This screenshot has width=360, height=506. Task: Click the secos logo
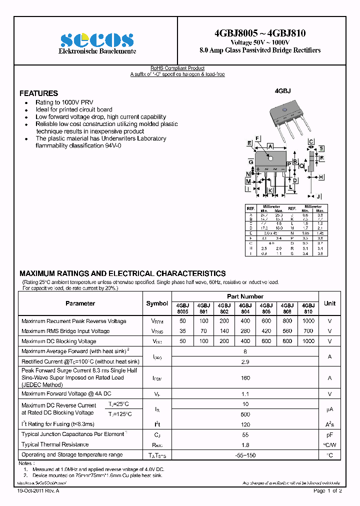coord(96,40)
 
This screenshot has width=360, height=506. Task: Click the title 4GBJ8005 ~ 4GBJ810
coord(260,33)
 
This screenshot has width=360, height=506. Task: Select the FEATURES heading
coord(38,93)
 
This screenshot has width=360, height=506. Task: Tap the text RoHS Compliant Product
coord(177,68)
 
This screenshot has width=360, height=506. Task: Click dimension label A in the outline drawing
coord(270,146)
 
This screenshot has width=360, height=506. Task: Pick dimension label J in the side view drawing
coord(318,196)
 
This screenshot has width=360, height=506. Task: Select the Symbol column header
coord(157,303)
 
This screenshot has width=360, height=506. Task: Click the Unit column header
coord(329,303)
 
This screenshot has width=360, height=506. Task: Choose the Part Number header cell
coord(245,296)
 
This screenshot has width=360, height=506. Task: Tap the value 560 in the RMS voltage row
coord(287,331)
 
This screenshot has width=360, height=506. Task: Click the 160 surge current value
coord(245,378)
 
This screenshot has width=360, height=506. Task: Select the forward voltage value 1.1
coord(245,394)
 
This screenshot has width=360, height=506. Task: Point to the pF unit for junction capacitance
coord(329,435)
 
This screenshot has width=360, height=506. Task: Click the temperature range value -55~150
coord(245,455)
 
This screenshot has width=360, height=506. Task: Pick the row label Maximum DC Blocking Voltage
coord(59,341)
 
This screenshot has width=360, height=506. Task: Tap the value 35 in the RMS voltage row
coord(182,331)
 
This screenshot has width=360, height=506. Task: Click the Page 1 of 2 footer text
coord(327,491)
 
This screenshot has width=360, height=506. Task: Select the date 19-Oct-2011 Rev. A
coord(38,491)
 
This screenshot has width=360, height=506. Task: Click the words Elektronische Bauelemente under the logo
coord(97,52)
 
